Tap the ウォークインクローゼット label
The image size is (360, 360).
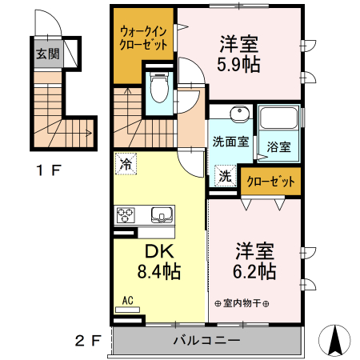(x=144, y=38)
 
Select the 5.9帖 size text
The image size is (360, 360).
(x=239, y=65)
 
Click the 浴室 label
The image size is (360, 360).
(x=279, y=147)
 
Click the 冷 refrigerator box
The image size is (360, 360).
(x=126, y=163)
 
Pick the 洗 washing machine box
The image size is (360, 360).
(x=226, y=175)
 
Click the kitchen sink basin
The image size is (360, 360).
(x=159, y=214)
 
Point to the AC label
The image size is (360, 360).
(x=126, y=302)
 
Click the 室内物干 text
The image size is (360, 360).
(x=242, y=304)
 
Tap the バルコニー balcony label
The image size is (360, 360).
(x=206, y=340)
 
